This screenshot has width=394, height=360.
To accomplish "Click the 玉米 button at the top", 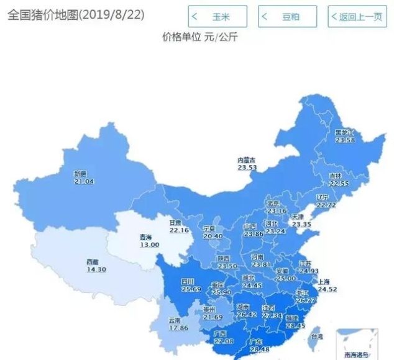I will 218,17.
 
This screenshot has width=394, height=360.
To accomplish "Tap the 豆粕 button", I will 288,17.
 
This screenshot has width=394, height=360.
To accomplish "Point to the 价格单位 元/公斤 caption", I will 199,37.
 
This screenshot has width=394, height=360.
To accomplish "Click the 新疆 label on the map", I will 81,174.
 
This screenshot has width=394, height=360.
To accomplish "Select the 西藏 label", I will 93,262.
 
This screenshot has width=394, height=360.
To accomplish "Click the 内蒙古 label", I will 247,160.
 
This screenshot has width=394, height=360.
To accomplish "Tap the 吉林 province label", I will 336,176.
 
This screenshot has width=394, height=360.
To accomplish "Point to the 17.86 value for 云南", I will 178,328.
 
